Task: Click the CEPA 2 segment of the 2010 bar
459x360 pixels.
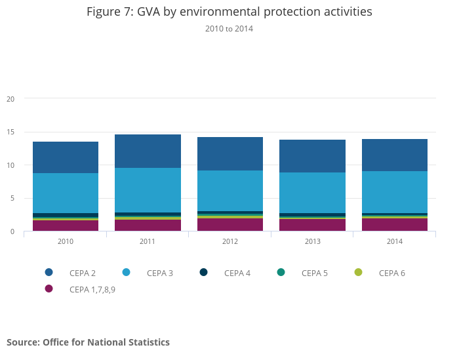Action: (x=66, y=157)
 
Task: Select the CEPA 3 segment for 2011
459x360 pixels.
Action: (x=148, y=190)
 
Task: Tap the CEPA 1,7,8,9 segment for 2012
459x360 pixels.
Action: (x=230, y=224)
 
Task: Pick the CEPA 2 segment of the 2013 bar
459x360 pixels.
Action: (x=312, y=156)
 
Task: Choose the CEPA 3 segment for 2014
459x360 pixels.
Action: (x=395, y=191)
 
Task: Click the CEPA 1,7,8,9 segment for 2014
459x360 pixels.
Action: (x=395, y=224)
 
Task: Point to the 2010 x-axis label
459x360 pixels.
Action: (x=66, y=241)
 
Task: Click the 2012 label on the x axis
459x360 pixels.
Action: (x=230, y=241)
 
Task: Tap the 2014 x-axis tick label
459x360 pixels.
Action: (x=395, y=241)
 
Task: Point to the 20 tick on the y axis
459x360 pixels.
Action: (x=10, y=99)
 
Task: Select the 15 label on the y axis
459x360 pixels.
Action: (x=10, y=132)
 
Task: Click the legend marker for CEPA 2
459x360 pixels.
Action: (x=49, y=272)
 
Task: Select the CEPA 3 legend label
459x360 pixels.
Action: (x=160, y=273)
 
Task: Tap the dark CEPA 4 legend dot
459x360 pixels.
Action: (x=204, y=272)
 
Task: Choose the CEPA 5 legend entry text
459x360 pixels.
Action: (x=315, y=273)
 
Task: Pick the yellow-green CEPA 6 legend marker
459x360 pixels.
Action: (x=359, y=272)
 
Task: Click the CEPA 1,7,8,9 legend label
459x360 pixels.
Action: (x=92, y=289)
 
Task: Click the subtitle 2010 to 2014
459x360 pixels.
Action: (x=229, y=29)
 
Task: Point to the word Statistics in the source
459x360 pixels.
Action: (x=146, y=342)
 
